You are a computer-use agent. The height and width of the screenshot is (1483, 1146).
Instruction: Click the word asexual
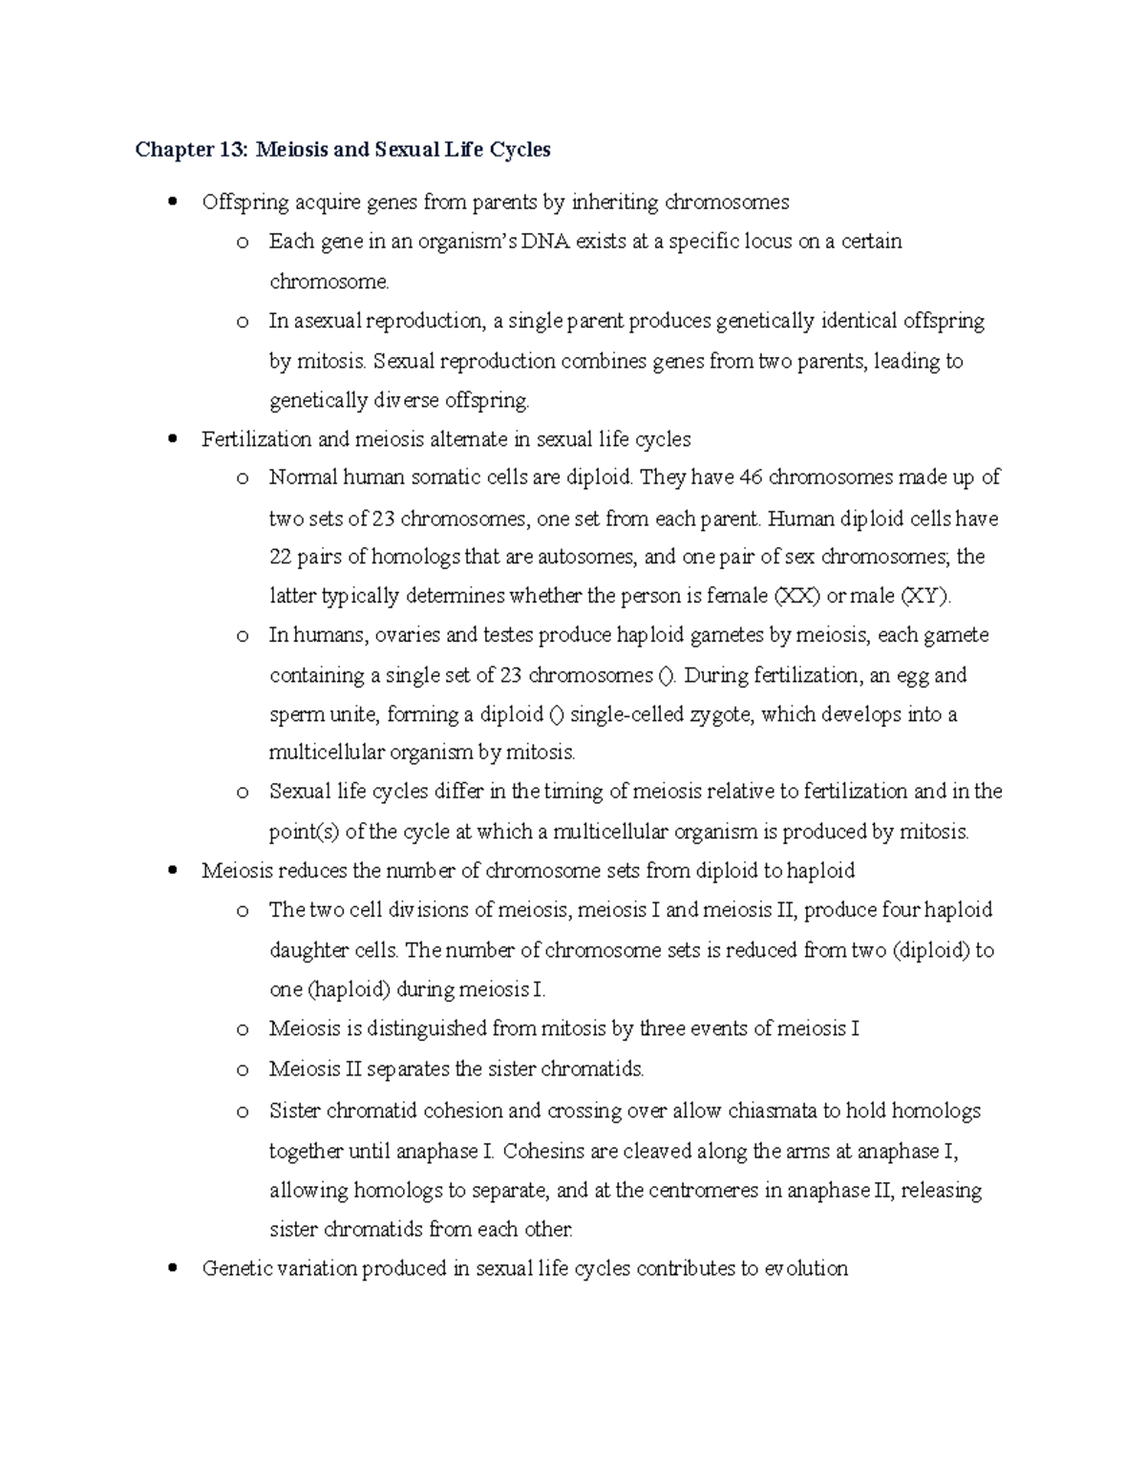[327, 321]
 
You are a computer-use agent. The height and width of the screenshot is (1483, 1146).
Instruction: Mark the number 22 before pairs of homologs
[281, 557]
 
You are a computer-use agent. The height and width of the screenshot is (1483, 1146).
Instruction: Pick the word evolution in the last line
[806, 1268]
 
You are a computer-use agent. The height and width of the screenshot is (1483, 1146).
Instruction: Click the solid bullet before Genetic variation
[172, 1269]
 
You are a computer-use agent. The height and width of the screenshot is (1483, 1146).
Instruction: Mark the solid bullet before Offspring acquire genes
[172, 202]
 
